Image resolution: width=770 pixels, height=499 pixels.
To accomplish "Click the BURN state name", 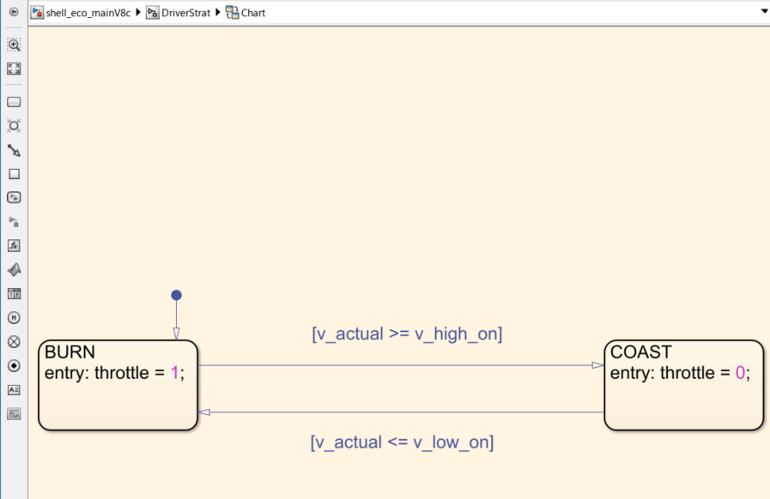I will click(70, 352).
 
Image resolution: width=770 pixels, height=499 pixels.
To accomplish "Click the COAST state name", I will click(641, 352).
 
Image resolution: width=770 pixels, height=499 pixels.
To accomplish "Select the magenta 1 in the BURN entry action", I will click(175, 373).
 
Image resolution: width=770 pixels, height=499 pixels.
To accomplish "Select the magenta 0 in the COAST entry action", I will click(741, 373).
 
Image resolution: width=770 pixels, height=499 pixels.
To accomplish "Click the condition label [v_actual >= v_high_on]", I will click(407, 334).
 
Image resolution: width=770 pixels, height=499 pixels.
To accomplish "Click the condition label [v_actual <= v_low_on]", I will click(402, 442).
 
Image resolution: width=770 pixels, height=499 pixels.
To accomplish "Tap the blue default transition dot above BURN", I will click(176, 295).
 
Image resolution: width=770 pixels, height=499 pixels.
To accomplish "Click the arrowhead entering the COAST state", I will click(598, 365).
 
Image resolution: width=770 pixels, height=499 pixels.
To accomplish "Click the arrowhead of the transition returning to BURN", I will click(203, 412).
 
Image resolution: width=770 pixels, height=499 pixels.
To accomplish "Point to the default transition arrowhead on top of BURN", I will click(176, 335).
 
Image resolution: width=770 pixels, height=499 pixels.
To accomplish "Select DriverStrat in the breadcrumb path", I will click(185, 13).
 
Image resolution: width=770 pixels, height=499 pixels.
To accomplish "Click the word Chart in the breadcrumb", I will click(252, 13).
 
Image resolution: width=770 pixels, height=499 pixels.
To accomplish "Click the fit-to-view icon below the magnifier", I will click(14, 69).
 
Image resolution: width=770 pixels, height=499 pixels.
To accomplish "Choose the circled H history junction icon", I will click(14, 317).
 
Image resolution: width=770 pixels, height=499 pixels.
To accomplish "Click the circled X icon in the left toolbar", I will click(14, 341).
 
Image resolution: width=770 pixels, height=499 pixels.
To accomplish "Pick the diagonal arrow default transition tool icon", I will click(14, 150).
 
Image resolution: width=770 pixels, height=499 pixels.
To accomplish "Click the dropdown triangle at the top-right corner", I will click(764, 12).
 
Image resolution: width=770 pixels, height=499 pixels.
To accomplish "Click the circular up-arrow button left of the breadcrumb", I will click(14, 12).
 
